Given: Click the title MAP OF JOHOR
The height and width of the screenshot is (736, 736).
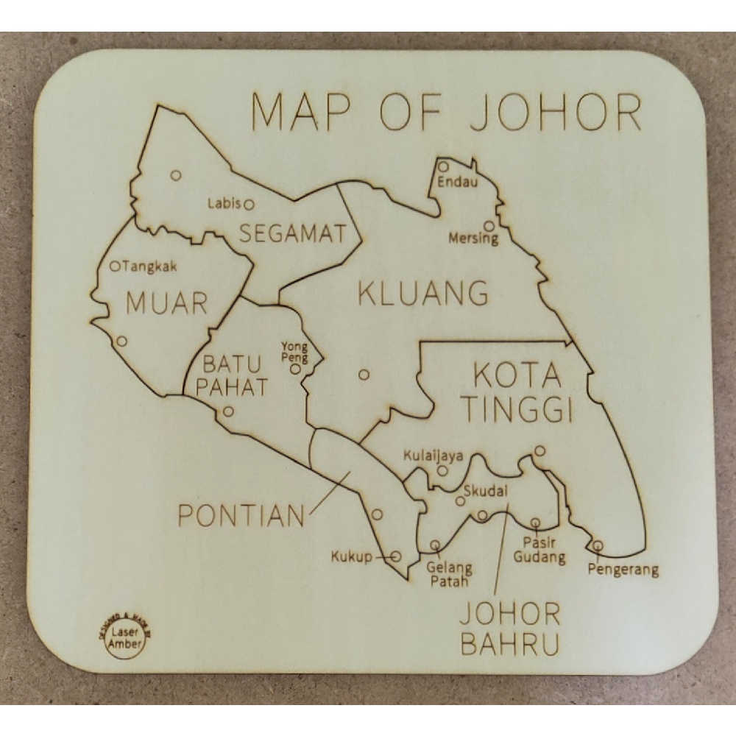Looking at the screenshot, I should pyautogui.click(x=447, y=112).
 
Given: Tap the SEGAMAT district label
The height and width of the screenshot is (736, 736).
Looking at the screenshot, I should pyautogui.click(x=292, y=234).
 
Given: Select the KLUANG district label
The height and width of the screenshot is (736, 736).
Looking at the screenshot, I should pyautogui.click(x=422, y=294).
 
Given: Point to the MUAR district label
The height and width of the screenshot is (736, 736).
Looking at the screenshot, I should pyautogui.click(x=166, y=302).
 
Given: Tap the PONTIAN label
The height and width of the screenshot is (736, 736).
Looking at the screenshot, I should pyautogui.click(x=241, y=515).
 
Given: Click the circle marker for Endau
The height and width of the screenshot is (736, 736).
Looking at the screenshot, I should pyautogui.click(x=443, y=166).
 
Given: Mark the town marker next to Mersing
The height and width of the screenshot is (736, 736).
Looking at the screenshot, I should pyautogui.click(x=489, y=226).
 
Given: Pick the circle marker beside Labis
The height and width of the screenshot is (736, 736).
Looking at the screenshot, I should pyautogui.click(x=249, y=204).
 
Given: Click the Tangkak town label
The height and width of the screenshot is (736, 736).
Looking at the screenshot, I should pyautogui.click(x=151, y=266).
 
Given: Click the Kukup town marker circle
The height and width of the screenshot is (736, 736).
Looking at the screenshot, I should pyautogui.click(x=396, y=556).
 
